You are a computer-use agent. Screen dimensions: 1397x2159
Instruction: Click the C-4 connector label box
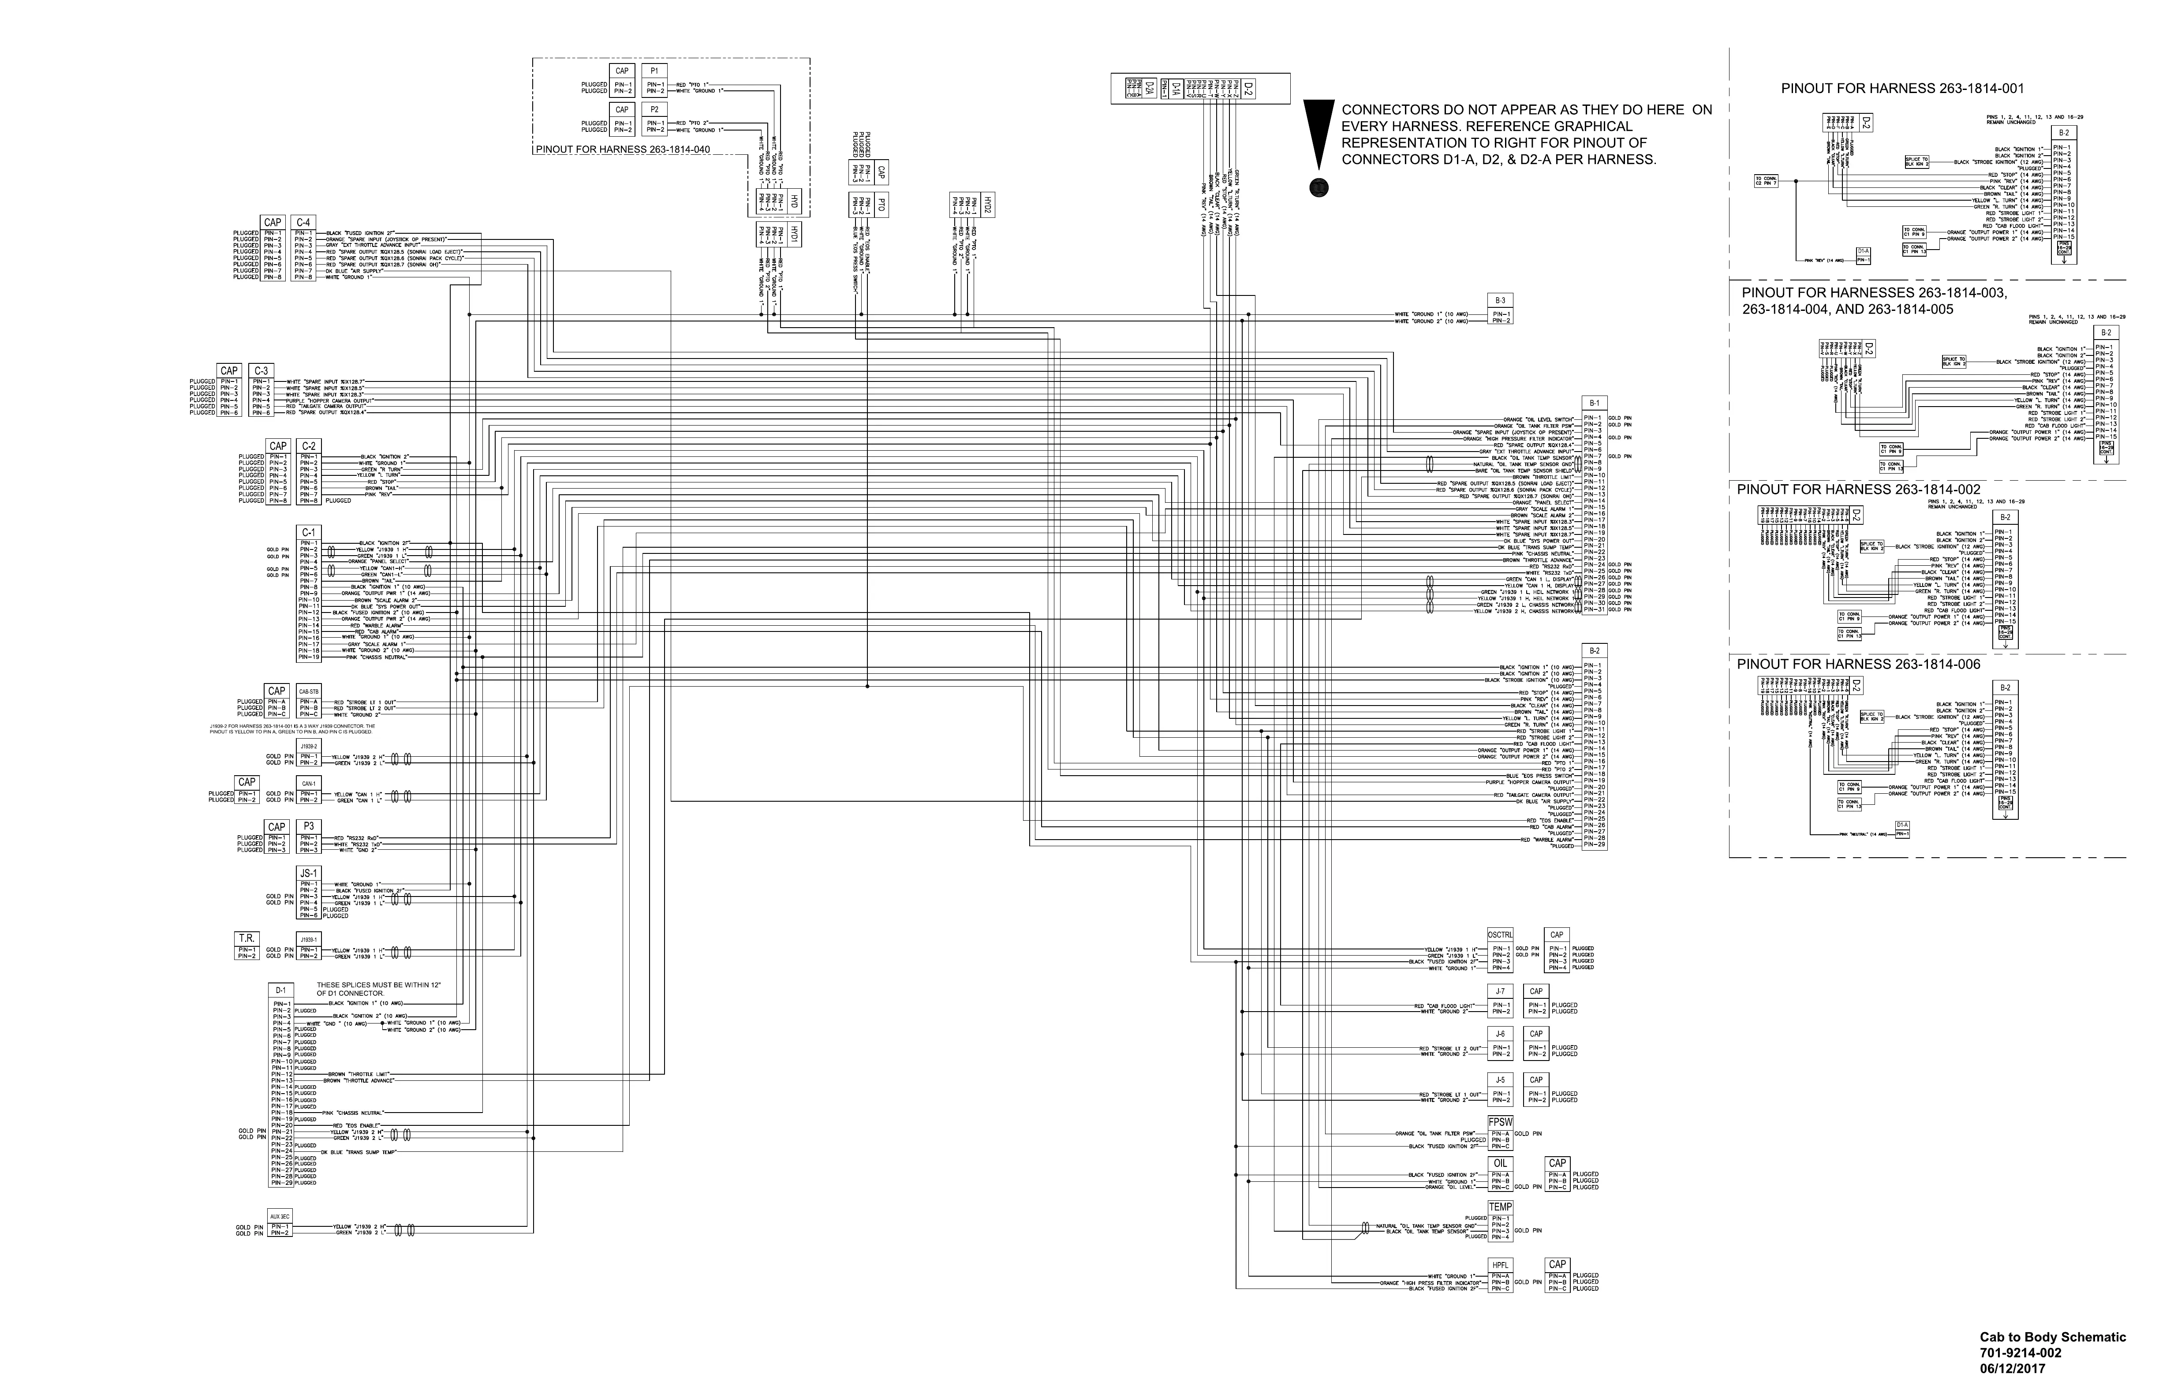coord(303,222)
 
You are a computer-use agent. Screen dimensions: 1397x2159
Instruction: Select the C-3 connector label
coord(261,370)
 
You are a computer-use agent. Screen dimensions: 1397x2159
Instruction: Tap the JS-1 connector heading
coord(308,873)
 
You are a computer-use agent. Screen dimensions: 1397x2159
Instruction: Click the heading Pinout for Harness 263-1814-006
coord(1858,664)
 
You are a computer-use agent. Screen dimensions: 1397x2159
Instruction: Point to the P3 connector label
coord(308,826)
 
